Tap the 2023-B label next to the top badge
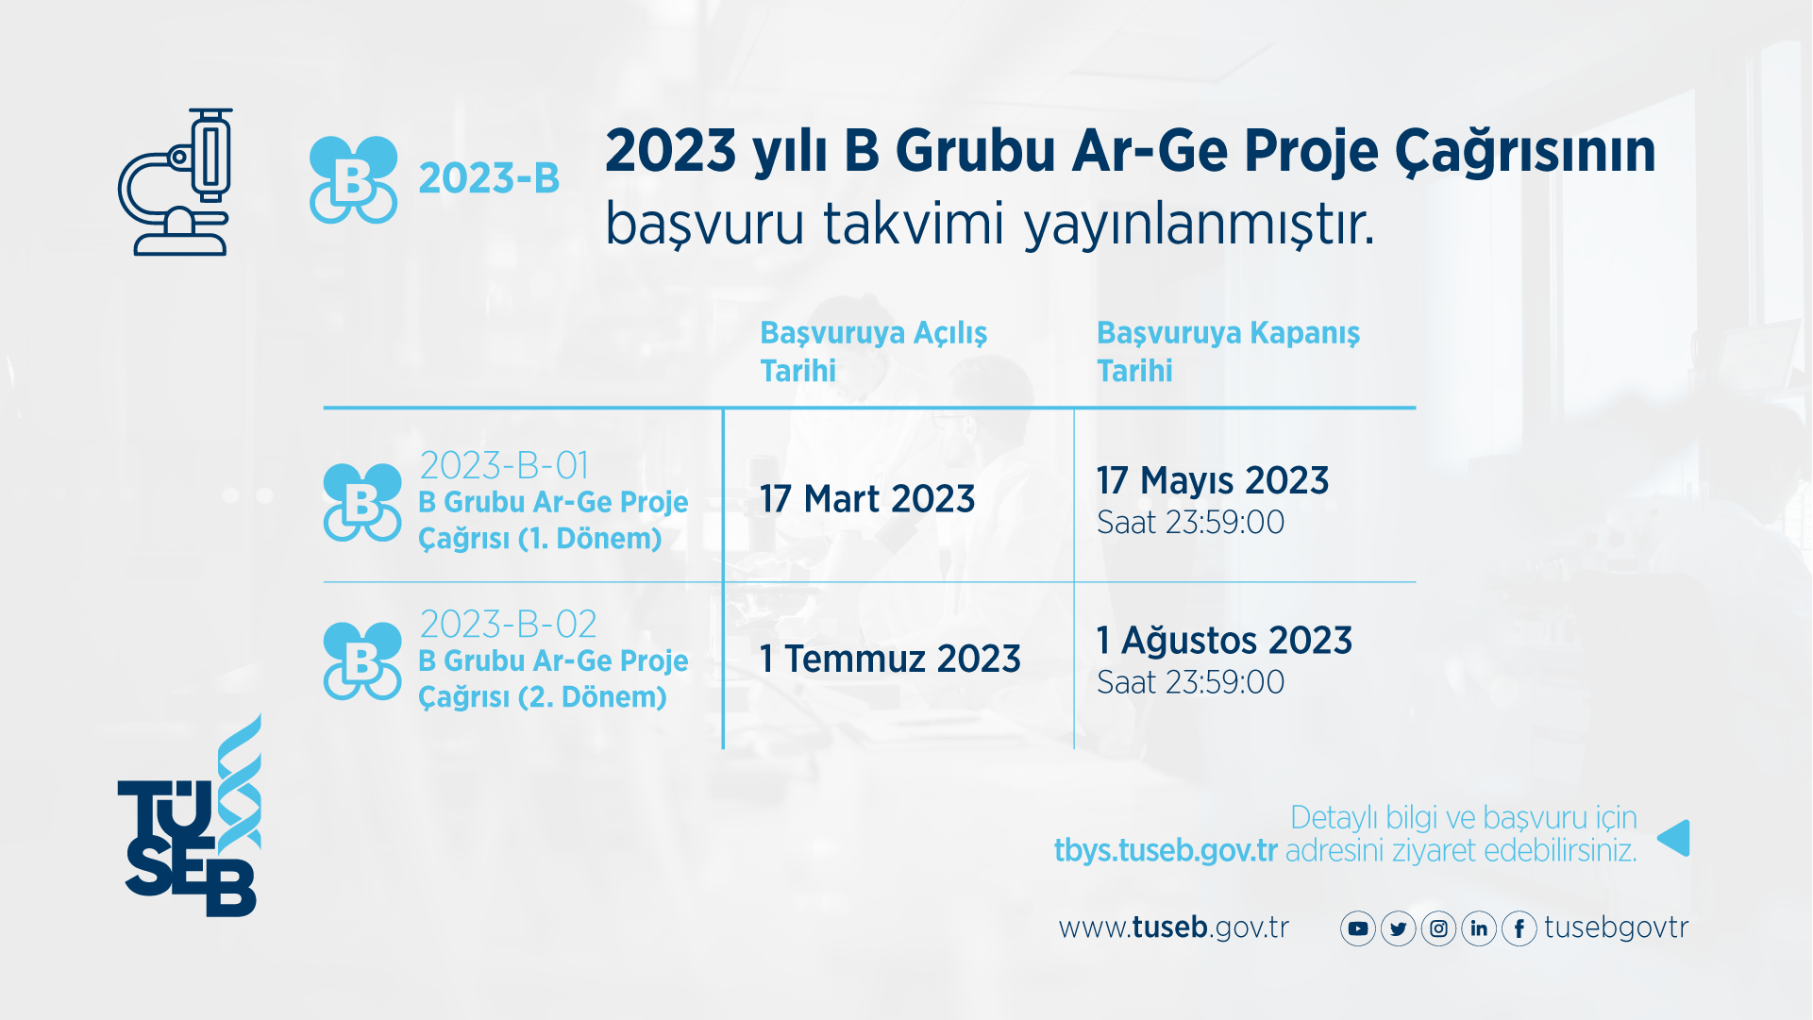[489, 178]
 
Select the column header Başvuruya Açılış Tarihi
[873, 351]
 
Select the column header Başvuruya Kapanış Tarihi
[1227, 351]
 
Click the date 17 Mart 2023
[866, 499]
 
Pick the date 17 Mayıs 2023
[1212, 481]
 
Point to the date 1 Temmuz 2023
[889, 659]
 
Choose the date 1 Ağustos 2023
[1224, 641]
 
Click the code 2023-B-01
[504, 465]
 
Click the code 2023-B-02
[508, 624]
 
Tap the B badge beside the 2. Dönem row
[361, 661]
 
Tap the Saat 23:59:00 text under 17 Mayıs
[1190, 523]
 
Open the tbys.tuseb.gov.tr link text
[1165, 850]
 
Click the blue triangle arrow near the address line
[1674, 838]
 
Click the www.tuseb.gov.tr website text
[1173, 928]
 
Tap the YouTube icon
[1357, 929]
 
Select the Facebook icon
[1519, 929]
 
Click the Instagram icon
[1438, 929]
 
